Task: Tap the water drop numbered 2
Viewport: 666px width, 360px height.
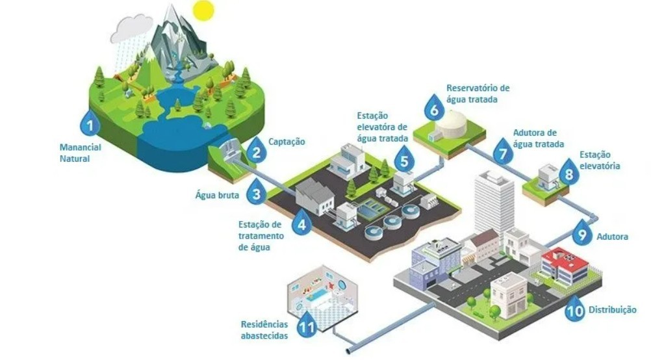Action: point(257,153)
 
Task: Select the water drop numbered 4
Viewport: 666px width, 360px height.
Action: point(300,223)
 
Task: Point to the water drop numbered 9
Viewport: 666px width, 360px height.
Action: point(582,232)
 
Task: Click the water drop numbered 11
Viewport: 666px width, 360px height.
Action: point(307,322)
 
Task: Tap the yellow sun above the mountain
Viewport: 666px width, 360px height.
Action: point(203,10)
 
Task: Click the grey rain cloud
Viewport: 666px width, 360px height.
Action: point(131,29)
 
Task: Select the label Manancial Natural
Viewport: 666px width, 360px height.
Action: point(81,152)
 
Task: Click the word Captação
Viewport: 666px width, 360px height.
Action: point(287,141)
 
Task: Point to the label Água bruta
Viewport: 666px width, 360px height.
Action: point(218,194)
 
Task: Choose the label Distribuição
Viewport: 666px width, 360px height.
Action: point(612,310)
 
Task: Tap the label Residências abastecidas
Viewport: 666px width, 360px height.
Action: point(264,329)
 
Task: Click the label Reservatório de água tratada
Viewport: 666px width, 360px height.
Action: point(478,94)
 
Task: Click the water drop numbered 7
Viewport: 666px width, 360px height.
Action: point(502,151)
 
